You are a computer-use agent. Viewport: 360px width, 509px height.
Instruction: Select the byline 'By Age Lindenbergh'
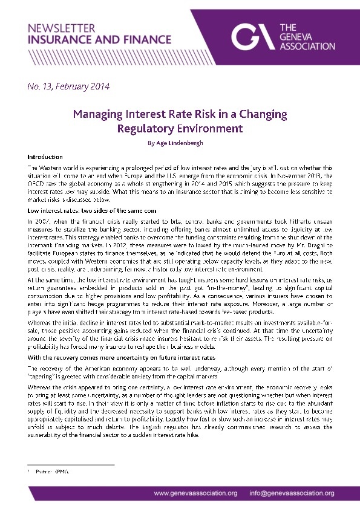click(180, 143)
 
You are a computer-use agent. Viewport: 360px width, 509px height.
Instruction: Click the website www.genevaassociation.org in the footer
click(195, 493)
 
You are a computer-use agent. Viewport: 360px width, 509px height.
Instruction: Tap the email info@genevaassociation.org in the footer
click(292, 493)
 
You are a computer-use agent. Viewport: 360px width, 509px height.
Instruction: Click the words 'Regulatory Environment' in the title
click(180, 128)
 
